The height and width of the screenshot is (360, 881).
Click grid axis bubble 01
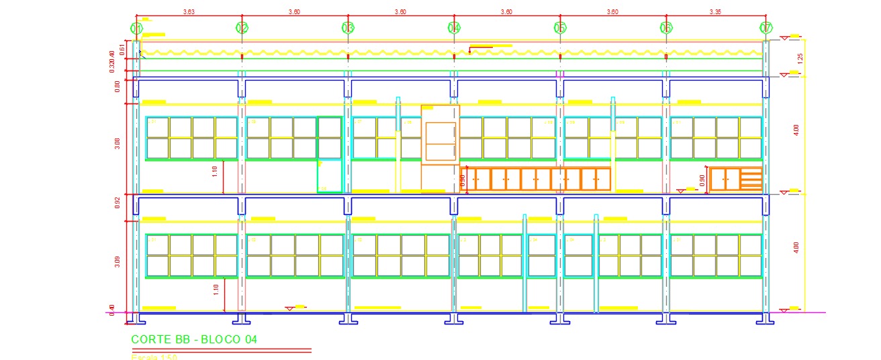click(x=136, y=28)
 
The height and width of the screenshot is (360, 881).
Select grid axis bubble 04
click(x=454, y=28)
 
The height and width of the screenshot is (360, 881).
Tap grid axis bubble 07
click(x=766, y=28)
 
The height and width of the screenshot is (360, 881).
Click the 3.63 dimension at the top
click(x=189, y=11)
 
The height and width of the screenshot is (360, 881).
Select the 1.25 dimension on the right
click(x=798, y=58)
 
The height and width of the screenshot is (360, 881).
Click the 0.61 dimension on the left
click(x=123, y=48)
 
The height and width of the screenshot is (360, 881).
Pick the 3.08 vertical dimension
click(x=118, y=144)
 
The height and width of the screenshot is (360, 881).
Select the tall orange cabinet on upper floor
click(x=440, y=147)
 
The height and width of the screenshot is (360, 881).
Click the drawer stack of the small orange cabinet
click(x=751, y=179)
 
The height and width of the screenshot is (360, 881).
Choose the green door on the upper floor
click(x=329, y=154)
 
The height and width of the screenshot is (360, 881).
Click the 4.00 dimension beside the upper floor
click(x=796, y=130)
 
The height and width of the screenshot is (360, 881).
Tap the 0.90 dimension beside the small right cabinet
click(x=702, y=179)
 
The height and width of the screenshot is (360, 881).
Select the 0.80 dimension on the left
click(x=118, y=86)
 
